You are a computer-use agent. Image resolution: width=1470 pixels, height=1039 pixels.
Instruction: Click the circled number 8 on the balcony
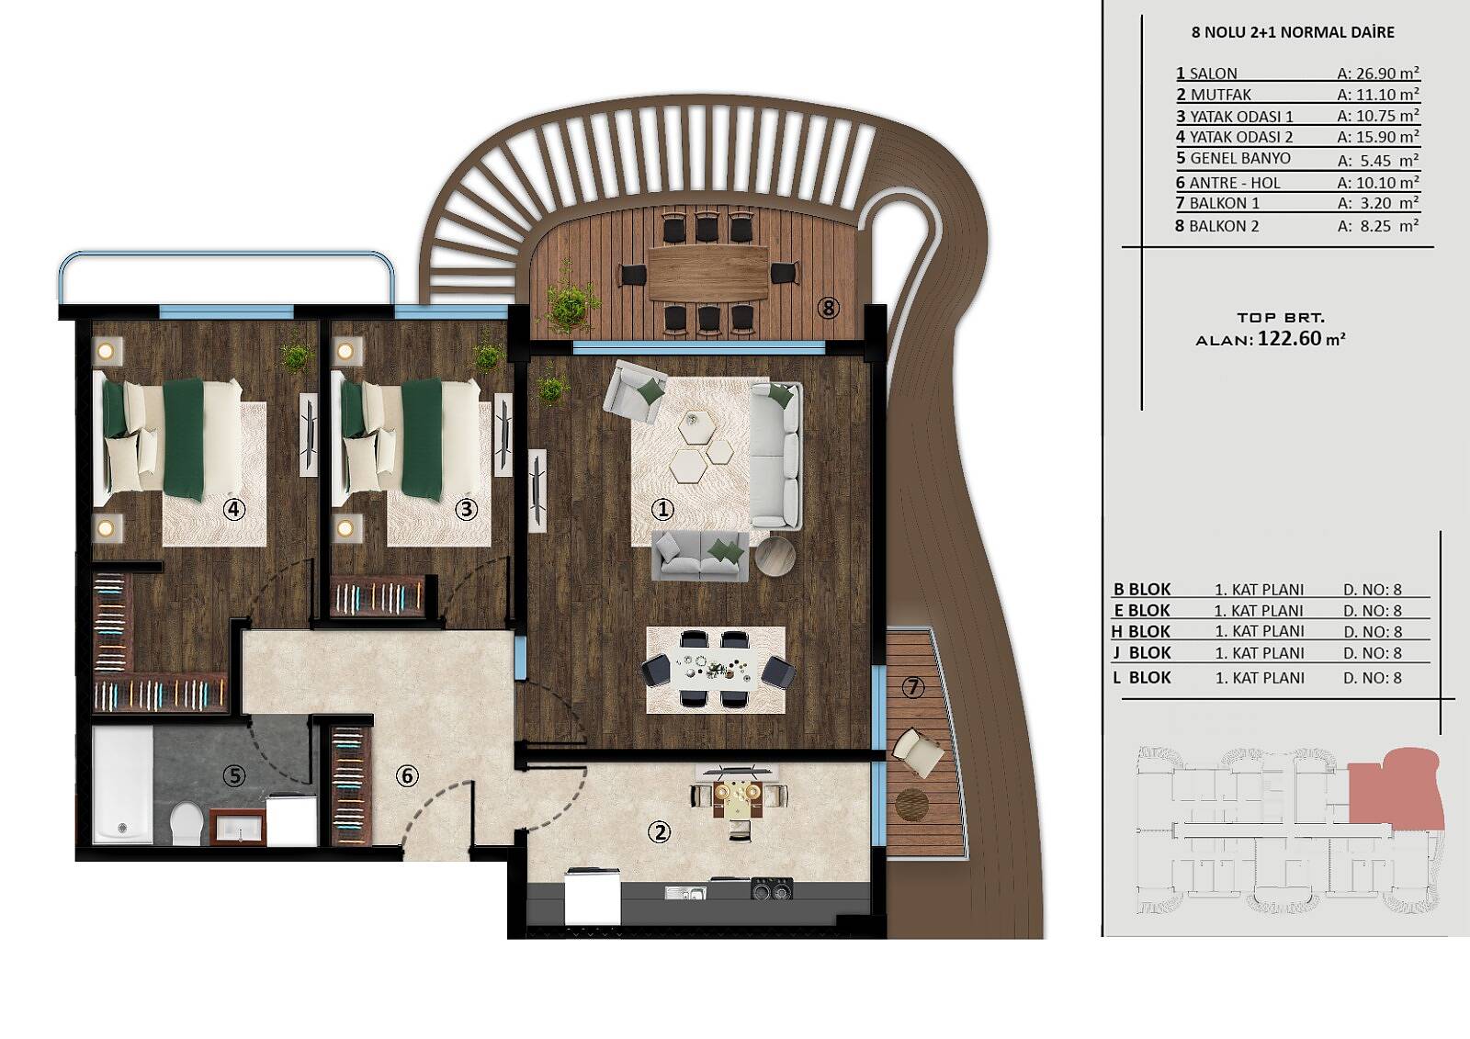pyautogui.click(x=828, y=307)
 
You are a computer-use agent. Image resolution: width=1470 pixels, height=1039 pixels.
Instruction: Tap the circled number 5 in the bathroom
pyautogui.click(x=234, y=776)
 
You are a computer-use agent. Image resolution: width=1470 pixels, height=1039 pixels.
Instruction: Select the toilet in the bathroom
pyautogui.click(x=187, y=823)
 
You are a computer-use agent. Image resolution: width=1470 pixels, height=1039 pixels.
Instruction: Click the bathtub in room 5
pyautogui.click(x=123, y=784)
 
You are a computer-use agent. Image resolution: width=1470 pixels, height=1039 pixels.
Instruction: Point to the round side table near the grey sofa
pyautogui.click(x=775, y=557)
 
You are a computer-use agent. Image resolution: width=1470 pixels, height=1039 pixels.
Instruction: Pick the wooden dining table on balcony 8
pyautogui.click(x=707, y=274)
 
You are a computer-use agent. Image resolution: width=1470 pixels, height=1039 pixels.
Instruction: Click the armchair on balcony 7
pyautogui.click(x=920, y=752)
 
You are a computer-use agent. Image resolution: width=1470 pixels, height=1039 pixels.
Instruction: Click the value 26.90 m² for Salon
pyautogui.click(x=1378, y=73)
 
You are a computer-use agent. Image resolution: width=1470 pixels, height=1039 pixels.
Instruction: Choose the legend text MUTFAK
pyautogui.click(x=1221, y=95)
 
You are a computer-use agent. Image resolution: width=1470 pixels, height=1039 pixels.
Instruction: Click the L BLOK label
pyautogui.click(x=1142, y=677)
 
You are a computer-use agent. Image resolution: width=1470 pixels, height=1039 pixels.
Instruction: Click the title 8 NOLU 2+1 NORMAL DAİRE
pyautogui.click(x=1293, y=32)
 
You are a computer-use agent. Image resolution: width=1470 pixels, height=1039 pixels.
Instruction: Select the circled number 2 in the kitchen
pyautogui.click(x=659, y=832)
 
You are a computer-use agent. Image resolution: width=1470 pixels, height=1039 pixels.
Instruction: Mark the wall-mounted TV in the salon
pyautogui.click(x=537, y=491)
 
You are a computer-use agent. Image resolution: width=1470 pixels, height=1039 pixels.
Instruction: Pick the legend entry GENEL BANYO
pyautogui.click(x=1240, y=158)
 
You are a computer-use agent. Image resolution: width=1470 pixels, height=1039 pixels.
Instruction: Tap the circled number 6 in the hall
pyautogui.click(x=407, y=776)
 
